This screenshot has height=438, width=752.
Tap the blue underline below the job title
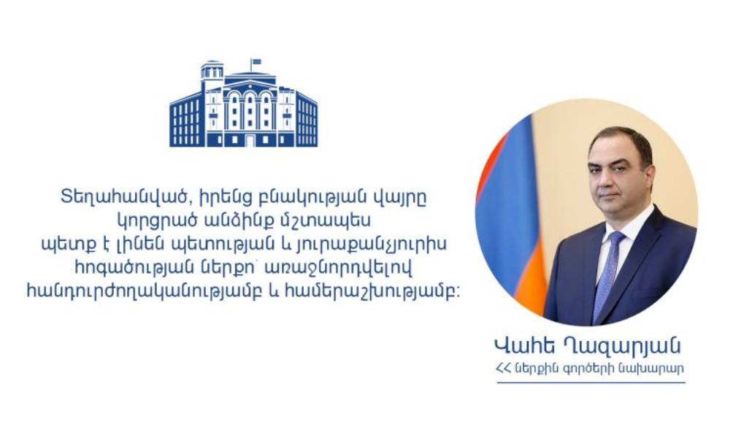(x=591, y=382)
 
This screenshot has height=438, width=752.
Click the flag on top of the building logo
(x=256, y=62)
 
